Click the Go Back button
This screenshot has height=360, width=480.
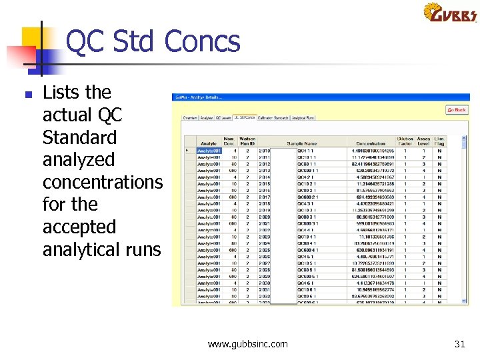coord(457,109)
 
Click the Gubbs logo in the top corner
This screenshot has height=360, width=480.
coord(450,13)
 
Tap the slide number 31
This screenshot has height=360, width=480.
coord(459,344)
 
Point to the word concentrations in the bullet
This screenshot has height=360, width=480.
coord(102,182)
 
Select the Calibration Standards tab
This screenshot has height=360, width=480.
coord(273,118)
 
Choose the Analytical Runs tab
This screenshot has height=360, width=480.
coord(303,118)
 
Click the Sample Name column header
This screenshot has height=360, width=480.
coord(301,143)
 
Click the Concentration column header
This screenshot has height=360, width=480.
coord(371,143)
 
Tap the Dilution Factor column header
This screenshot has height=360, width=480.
coord(405,141)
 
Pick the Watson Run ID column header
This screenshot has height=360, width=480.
coord(247,141)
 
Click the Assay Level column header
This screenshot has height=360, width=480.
coord(423,141)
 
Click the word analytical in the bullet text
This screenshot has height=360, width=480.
coord(79,249)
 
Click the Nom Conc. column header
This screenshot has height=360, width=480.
coord(229,141)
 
